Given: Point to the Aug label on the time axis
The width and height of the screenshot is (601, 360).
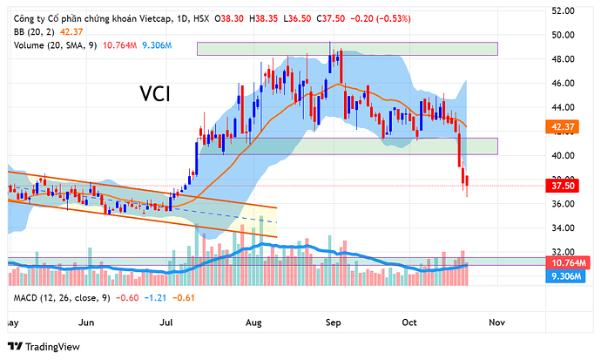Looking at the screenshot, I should (253, 322).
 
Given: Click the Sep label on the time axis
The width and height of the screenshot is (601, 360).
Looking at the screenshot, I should (334, 322).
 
